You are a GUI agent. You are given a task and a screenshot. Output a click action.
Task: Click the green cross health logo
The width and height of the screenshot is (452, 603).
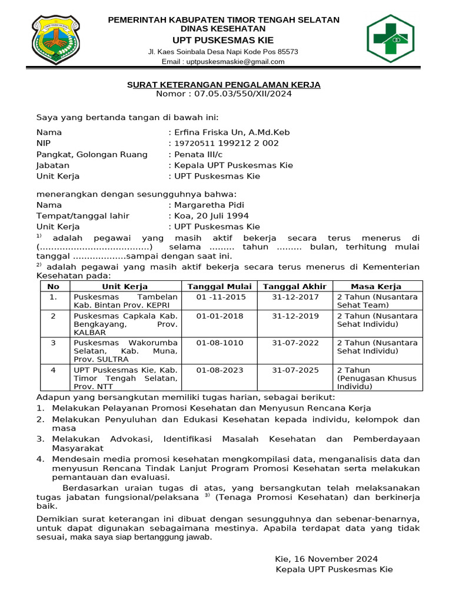[x=394, y=39]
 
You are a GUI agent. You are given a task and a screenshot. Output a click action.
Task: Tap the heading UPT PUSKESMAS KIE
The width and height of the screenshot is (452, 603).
[x=223, y=40]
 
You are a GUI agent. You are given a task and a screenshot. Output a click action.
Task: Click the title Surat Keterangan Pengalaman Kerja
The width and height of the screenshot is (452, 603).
[x=224, y=85]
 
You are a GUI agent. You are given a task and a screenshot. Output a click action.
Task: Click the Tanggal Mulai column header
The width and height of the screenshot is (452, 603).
[x=220, y=287]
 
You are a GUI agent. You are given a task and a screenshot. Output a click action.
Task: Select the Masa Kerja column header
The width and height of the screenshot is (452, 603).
[x=376, y=287]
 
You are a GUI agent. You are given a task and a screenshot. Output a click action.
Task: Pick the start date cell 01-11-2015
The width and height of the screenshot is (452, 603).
[x=221, y=297]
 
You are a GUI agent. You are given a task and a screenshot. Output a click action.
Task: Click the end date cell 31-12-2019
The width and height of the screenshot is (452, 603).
[x=295, y=316]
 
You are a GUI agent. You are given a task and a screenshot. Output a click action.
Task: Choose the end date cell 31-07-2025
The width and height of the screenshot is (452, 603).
[x=295, y=370]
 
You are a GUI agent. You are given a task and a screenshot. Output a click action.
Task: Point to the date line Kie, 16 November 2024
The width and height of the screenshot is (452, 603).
[x=326, y=559]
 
